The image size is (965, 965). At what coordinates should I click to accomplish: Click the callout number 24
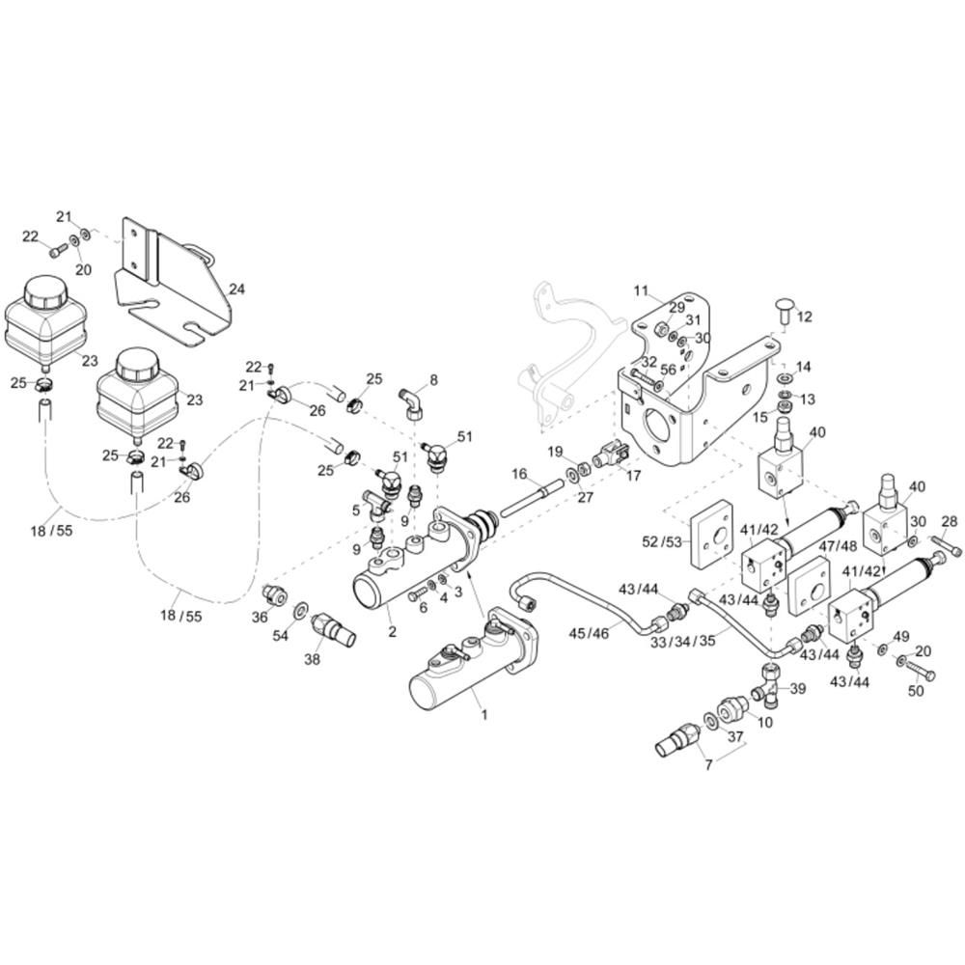[x=237, y=289]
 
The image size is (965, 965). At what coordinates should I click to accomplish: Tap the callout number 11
[x=642, y=290]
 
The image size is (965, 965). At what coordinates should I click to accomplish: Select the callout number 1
[x=485, y=715]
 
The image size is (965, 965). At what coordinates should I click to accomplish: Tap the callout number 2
[x=393, y=631]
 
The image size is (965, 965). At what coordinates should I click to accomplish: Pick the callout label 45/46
[x=589, y=633]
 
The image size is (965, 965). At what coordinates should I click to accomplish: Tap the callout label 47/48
[x=838, y=546]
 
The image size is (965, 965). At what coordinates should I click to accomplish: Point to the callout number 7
[x=708, y=765]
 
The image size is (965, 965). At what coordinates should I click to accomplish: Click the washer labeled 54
[x=301, y=610]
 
